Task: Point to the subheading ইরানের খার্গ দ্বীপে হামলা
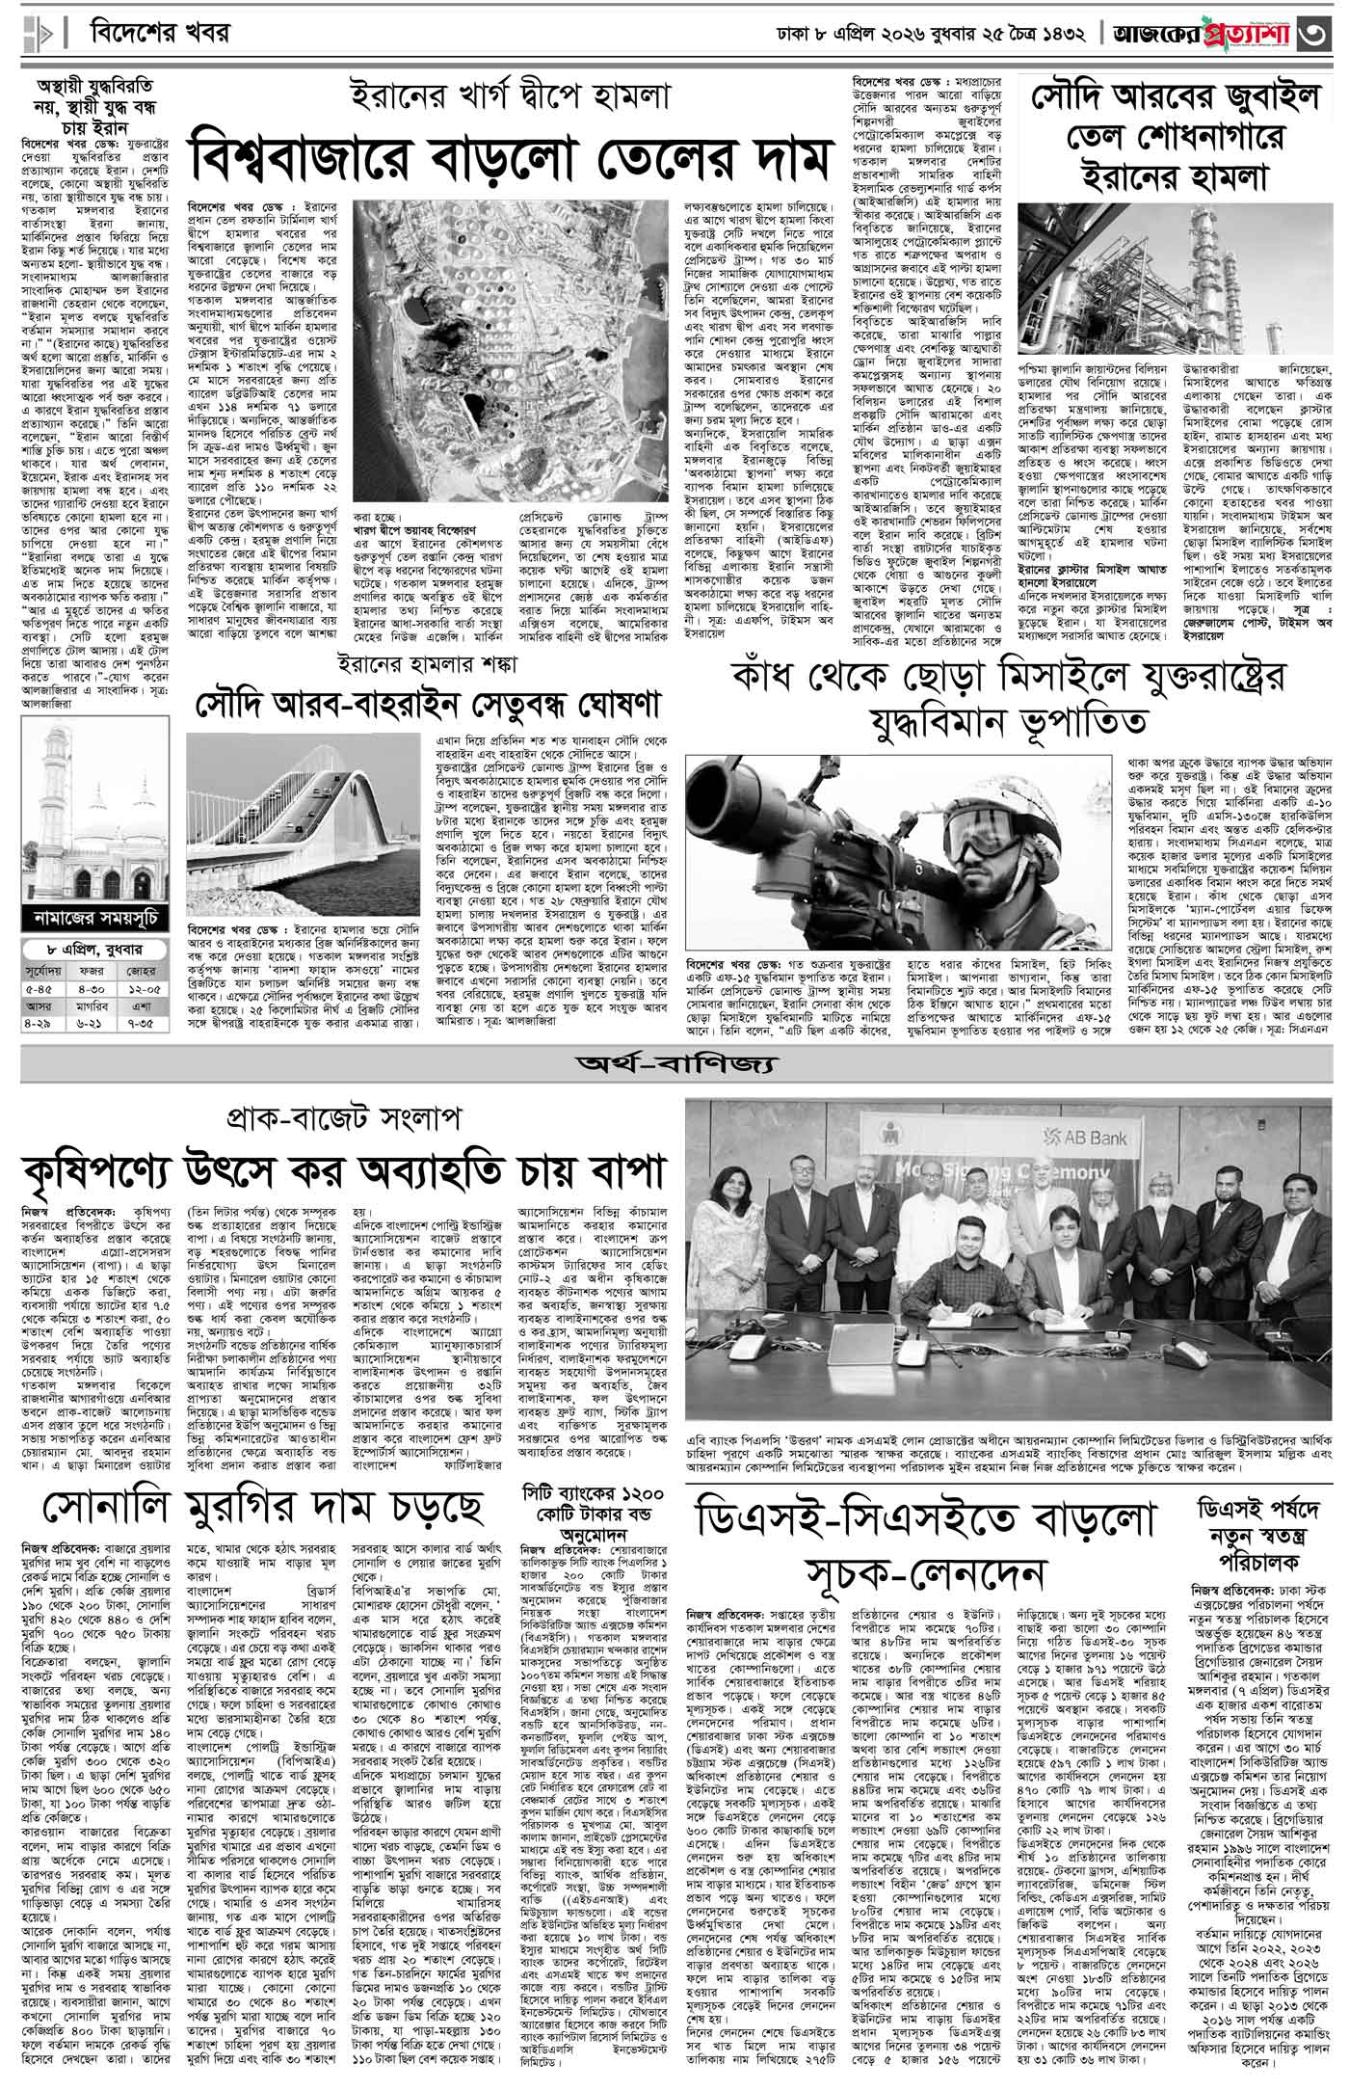pos(511,96)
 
